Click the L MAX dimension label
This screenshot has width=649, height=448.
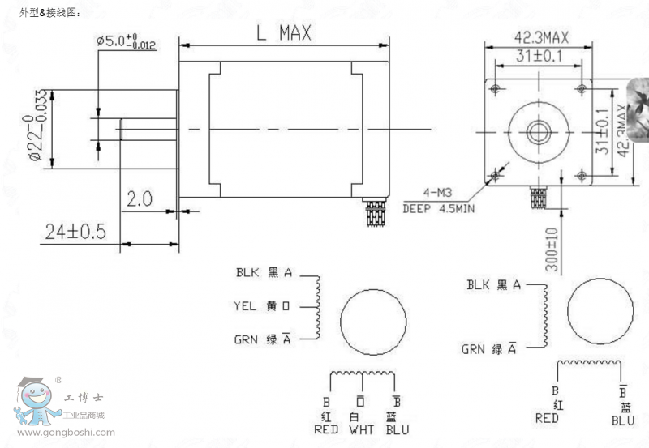pos(283,33)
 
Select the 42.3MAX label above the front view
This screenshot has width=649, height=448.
pos(541,37)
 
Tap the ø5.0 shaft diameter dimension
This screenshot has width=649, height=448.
pos(126,41)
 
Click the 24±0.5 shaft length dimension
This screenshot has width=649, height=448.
pos(75,233)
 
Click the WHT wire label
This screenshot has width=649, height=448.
pos(361,429)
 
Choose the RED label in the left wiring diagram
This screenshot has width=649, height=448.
pos(325,429)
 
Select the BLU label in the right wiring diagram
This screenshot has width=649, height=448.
pos(623,420)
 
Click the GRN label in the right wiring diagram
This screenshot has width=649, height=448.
pos(476,350)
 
